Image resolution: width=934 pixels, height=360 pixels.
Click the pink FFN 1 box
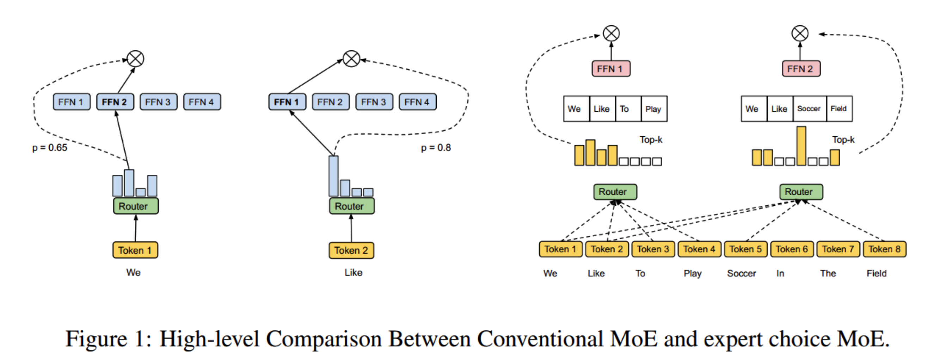pyautogui.click(x=611, y=69)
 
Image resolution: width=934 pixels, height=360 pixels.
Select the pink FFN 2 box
pyautogui.click(x=801, y=69)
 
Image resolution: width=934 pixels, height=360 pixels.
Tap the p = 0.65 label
pyautogui.click(x=50, y=148)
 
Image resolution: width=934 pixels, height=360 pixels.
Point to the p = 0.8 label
pyautogui.click(x=436, y=148)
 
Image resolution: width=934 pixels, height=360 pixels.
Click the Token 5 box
pyautogui.click(x=745, y=249)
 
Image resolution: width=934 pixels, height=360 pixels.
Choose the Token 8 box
pyautogui.click(x=884, y=249)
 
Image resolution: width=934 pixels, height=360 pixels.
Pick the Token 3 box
pyautogui.click(x=653, y=249)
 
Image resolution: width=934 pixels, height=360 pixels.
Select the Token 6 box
pyautogui.click(x=792, y=249)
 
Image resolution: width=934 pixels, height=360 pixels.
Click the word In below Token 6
pyautogui.click(x=780, y=273)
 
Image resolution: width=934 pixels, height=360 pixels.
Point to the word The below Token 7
pyautogui.click(x=828, y=273)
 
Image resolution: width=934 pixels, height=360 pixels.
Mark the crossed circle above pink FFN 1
pyautogui.click(x=611, y=33)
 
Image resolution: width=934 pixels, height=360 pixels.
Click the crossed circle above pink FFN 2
pyautogui.click(x=800, y=33)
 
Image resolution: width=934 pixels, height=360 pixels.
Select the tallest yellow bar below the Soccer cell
pyautogui.click(x=801, y=146)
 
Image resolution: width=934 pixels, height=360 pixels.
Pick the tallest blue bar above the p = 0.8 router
pyautogui.click(x=333, y=176)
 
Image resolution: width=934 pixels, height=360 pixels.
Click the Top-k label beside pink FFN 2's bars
pyautogui.click(x=843, y=139)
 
